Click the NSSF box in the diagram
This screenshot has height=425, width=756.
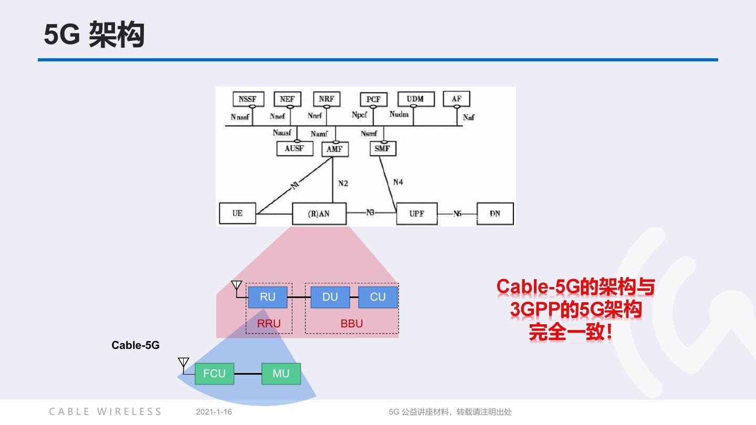point(248,99)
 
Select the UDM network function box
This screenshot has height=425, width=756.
point(415,99)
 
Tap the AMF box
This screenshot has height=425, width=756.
point(334,149)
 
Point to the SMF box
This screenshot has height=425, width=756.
point(383,148)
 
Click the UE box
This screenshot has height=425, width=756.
point(237,214)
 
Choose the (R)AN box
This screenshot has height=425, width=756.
point(319,214)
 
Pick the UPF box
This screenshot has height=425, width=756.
point(416,214)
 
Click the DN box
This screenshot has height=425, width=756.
point(495,214)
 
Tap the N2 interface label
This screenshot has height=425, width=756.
point(343,184)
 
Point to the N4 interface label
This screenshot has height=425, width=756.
point(398,182)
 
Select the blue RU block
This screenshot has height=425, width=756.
point(268,297)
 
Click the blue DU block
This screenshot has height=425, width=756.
point(330,297)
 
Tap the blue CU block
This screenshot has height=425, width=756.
point(378,297)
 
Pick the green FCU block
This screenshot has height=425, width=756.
point(214,374)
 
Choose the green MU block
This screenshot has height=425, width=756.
point(281,374)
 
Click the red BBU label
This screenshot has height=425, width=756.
point(352,324)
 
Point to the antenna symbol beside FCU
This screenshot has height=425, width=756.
point(183,363)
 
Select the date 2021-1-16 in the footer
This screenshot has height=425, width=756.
point(214,412)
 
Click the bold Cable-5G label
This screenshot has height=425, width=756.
point(135,345)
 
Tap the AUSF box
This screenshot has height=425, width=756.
point(294,148)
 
